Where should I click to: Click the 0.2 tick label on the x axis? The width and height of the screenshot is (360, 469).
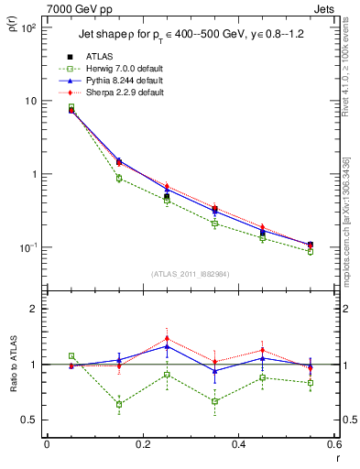pyautogui.click(x=142, y=444)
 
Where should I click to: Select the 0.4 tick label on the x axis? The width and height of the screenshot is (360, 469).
pyautogui.click(x=238, y=444)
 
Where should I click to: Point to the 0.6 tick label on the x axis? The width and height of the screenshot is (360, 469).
pyautogui.click(x=333, y=444)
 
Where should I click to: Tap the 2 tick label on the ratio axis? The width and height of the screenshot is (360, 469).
pyautogui.click(x=34, y=309)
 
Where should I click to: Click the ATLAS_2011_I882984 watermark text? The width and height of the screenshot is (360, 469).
pyautogui.click(x=190, y=274)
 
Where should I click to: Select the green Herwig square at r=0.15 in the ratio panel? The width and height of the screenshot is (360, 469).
pyautogui.click(x=119, y=404)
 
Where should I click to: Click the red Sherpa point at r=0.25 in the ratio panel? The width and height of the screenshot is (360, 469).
pyautogui.click(x=167, y=338)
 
